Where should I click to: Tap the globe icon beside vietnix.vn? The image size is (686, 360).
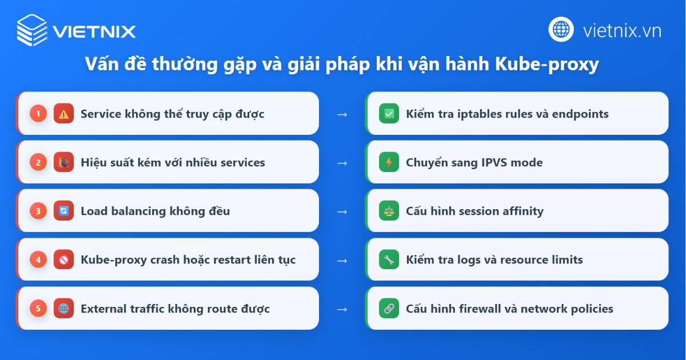point(561,30)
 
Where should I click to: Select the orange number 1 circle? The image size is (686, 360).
point(38,114)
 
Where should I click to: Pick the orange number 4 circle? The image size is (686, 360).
point(38,260)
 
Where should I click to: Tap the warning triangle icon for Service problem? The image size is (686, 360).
point(63,114)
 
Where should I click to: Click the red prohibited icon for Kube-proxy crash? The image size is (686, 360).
point(63,260)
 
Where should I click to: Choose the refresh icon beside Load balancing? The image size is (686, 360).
point(63,211)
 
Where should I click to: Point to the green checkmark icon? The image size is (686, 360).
point(389,114)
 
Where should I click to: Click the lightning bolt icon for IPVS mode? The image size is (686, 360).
point(389,162)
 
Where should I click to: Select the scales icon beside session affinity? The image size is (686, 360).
point(389,211)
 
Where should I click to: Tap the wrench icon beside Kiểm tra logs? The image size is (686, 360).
point(389,260)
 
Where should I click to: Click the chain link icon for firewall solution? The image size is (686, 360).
point(389,309)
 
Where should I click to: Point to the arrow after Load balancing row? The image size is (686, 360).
point(342,211)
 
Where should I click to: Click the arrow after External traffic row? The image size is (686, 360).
point(342,309)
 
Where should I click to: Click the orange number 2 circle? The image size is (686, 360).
point(38,162)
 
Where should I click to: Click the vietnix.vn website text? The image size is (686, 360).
point(622,30)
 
